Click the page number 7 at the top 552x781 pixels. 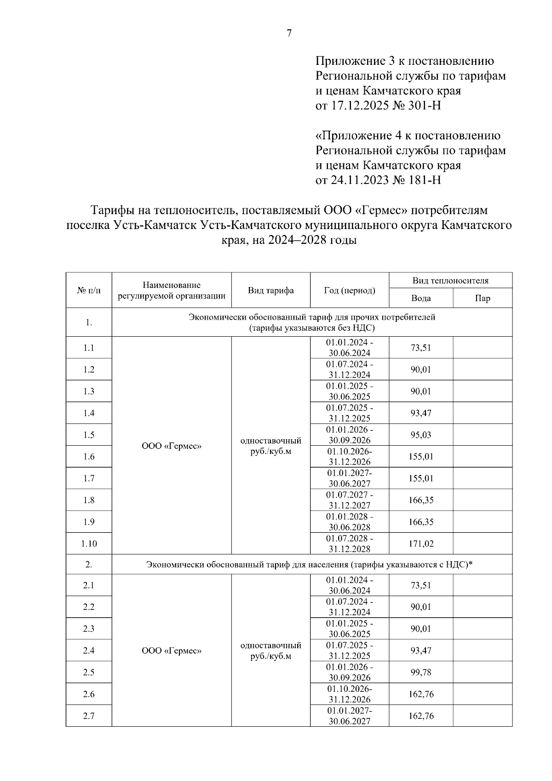tap(289, 34)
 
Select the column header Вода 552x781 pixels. tap(420, 298)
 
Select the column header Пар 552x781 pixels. tap(482, 298)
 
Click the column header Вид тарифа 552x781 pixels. tap(270, 290)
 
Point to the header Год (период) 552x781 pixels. tap(349, 290)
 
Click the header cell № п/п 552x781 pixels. tap(89, 290)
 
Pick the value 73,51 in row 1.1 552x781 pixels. tap(420, 348)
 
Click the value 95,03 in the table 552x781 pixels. tap(420, 435)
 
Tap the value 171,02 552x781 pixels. tap(420, 544)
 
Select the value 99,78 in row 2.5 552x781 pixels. tap(420, 672)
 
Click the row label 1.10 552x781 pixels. tap(89, 544)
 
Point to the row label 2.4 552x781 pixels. tap(89, 650)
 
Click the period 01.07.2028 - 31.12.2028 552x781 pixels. tap(349, 544)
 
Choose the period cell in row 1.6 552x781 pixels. tap(349, 456)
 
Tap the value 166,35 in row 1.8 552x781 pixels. tap(420, 500)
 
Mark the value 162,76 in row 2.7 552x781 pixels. tap(420, 716)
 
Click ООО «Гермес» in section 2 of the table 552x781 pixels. tap(172, 650)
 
